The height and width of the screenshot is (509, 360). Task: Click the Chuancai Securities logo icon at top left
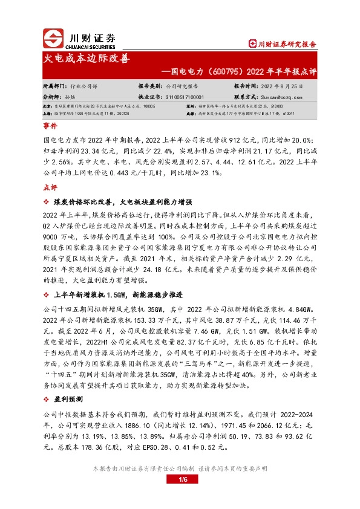53,39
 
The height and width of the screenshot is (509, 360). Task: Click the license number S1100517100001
184,96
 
